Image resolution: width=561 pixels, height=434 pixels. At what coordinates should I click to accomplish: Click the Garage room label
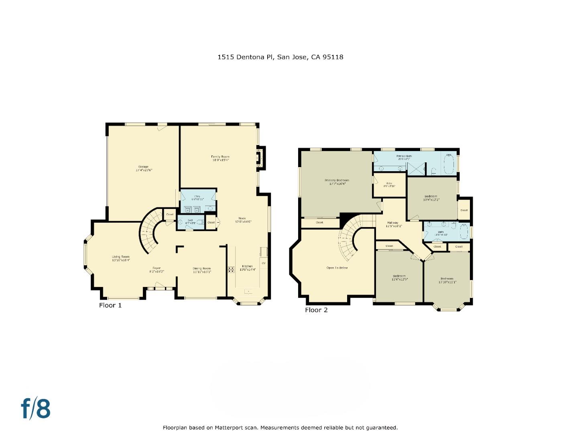pos(143,167)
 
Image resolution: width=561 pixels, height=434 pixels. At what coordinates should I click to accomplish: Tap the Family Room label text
pos(220,157)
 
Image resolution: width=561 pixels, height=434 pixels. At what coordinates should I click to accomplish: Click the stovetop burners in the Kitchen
pos(231,270)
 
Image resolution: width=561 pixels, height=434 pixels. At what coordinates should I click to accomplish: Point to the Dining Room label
pos(201,268)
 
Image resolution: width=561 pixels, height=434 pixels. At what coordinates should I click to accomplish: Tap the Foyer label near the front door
pos(157,268)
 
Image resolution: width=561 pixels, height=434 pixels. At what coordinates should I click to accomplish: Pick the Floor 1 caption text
pos(110,305)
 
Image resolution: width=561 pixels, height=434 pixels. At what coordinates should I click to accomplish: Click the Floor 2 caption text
pos(316,310)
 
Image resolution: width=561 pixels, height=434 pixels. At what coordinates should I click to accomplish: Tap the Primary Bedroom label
pos(337,180)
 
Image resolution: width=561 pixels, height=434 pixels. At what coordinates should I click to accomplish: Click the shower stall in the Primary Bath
pos(417,168)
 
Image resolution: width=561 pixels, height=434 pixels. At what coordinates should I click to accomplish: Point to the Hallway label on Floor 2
pos(392,223)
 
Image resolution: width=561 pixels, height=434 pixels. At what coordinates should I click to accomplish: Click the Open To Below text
pos(337,268)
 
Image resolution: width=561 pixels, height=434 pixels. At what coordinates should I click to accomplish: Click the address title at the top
pos(280,57)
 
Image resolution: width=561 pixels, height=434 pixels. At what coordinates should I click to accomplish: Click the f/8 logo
pos(36,409)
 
